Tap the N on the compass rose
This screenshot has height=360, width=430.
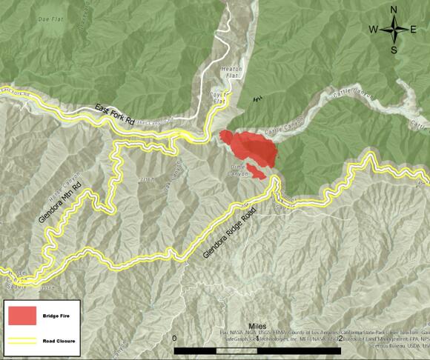point(394,10)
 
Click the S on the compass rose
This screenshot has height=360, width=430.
point(394,50)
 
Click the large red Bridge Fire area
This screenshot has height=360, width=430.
point(252,148)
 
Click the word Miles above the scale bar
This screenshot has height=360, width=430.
point(257,327)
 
